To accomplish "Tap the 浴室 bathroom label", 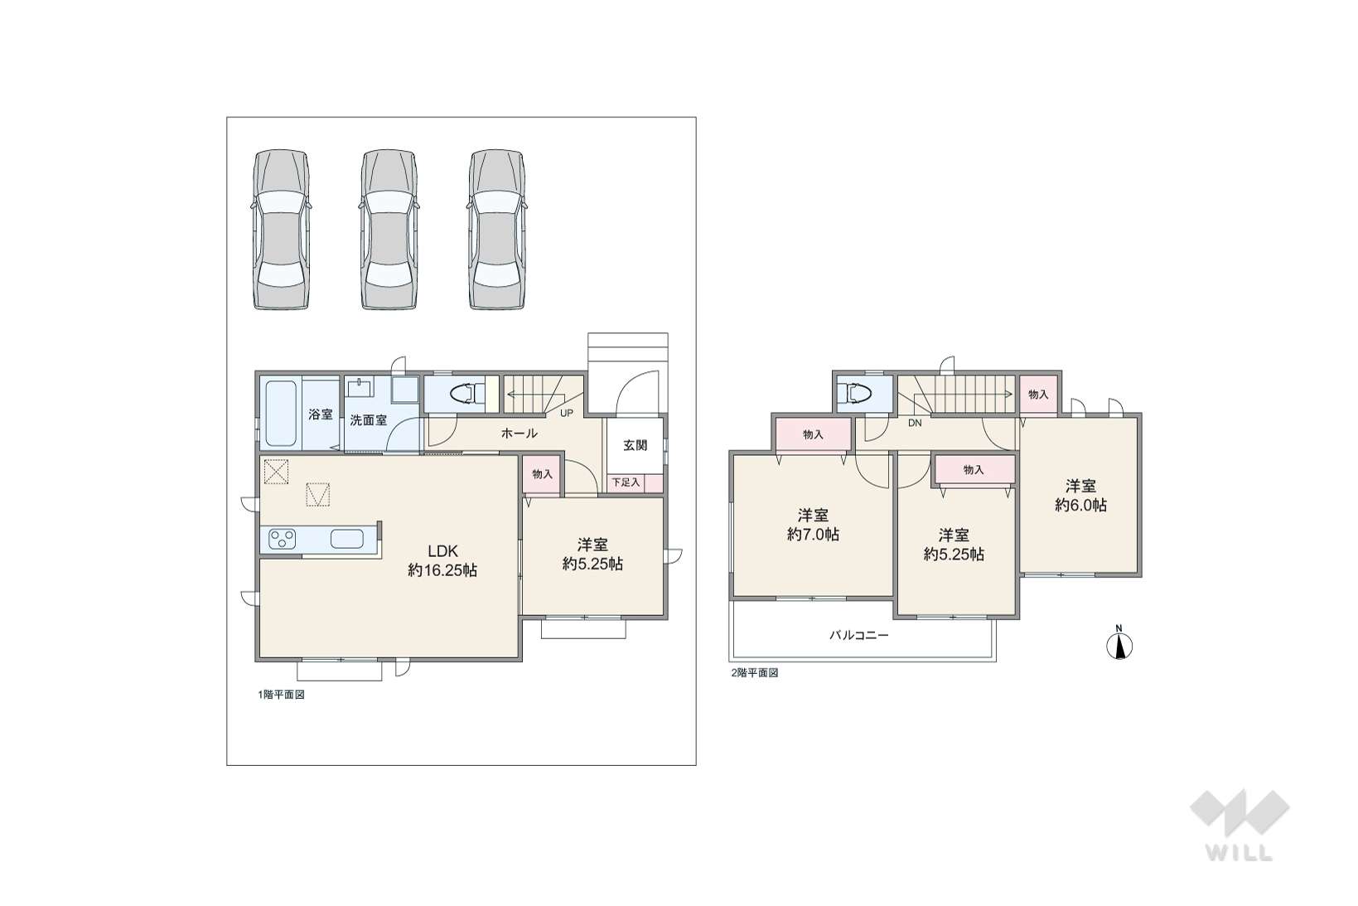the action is [x=320, y=414].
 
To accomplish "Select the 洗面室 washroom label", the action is [x=368, y=419].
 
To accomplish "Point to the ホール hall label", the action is [x=519, y=433].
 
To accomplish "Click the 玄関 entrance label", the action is [x=635, y=445].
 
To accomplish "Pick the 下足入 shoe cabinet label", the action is [x=626, y=482].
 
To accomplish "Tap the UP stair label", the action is [x=566, y=414].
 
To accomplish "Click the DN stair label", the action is [x=915, y=423].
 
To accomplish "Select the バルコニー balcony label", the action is [x=859, y=636].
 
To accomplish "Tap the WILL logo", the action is [x=1240, y=826].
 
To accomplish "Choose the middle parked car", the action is [x=389, y=230].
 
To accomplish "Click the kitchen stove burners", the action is [x=282, y=539].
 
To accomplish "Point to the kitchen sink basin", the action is [x=347, y=539].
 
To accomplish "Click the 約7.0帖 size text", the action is [x=813, y=535].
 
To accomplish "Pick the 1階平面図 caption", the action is [x=282, y=695].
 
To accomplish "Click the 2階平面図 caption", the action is [x=755, y=672].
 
